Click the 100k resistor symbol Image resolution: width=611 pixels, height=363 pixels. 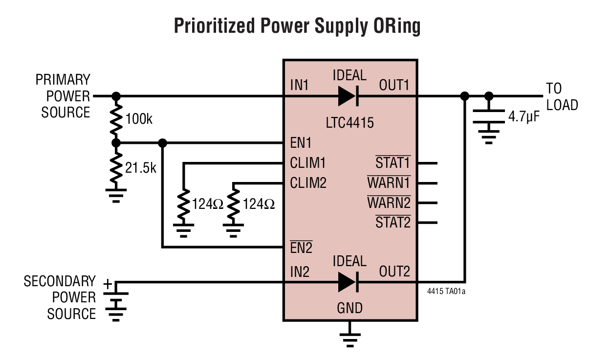116,119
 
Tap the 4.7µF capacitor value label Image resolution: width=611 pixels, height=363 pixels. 524,117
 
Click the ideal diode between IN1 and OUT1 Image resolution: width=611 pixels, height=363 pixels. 349,96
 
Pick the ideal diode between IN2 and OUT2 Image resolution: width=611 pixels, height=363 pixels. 349,282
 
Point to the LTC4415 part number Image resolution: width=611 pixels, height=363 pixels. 349,122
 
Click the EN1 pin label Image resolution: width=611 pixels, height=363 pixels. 301,143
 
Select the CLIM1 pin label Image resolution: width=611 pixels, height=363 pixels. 307,162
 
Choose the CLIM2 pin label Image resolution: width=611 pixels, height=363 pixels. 308,183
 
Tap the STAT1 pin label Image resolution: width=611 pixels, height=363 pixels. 393,162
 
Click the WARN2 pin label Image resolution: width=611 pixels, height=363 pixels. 389,203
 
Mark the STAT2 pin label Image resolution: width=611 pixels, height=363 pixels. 393,223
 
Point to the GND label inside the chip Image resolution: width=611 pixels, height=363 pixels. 350,308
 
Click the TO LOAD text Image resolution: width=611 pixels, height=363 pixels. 561,97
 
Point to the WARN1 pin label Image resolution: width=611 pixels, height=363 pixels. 389,183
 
